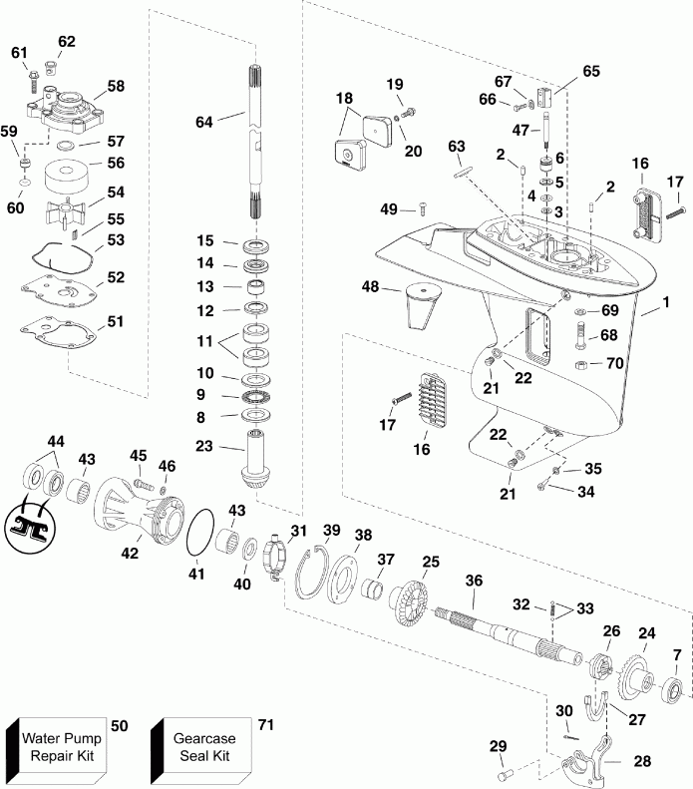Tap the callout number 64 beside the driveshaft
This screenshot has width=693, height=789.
pos(204,121)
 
